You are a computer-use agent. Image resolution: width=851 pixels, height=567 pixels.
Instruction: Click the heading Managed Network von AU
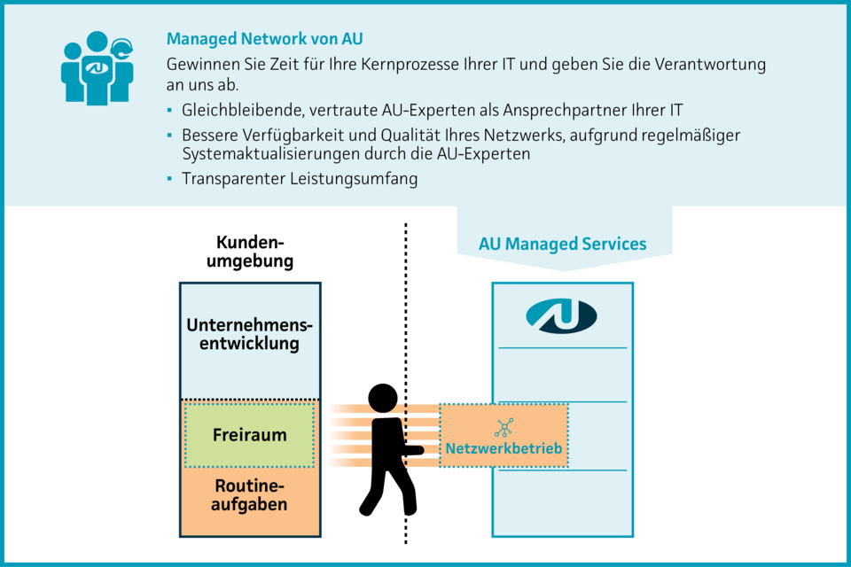[264, 39]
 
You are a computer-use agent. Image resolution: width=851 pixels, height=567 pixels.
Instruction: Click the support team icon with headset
[97, 70]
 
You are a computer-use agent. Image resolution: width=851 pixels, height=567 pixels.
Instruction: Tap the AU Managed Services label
[562, 244]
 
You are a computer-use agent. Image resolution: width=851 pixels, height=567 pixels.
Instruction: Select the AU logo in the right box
[561, 315]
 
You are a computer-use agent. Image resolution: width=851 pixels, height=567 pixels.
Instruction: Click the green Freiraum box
[249, 435]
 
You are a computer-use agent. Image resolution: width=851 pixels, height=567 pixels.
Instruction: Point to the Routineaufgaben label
[250, 495]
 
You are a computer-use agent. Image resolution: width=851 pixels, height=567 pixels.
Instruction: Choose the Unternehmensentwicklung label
[250, 335]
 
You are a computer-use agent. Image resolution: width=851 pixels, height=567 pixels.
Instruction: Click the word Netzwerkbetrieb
[504, 449]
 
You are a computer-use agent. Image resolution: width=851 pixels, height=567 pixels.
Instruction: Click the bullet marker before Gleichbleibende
[170, 111]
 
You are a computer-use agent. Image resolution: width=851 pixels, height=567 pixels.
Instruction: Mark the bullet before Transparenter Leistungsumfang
[170, 179]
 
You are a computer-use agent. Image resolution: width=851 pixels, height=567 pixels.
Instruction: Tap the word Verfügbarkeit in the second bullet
[290, 136]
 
